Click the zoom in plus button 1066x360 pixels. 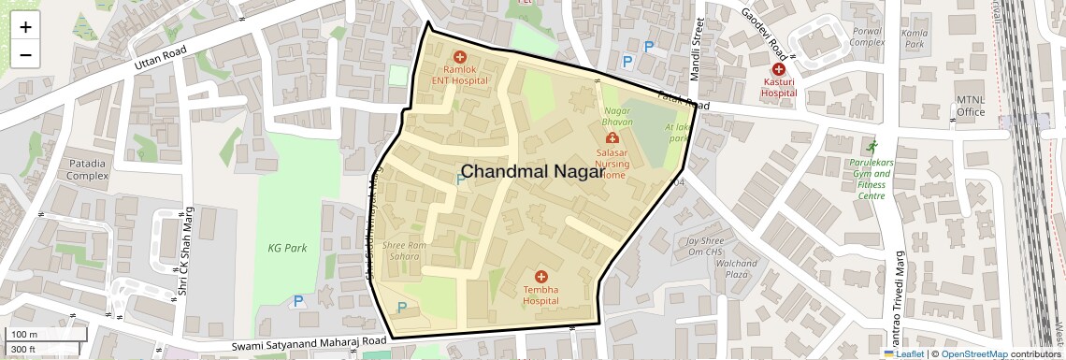click(25, 27)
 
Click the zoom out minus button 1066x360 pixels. click(25, 54)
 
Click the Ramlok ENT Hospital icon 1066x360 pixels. click(459, 57)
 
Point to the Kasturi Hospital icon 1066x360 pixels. click(778, 69)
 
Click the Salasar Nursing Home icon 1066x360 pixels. click(612, 139)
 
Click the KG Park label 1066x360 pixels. click(287, 248)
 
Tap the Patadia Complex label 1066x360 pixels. click(87, 169)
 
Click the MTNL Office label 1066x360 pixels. click(971, 106)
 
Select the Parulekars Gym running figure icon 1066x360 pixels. click(872, 147)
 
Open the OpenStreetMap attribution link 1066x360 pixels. click(974, 353)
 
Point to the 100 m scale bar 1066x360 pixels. click(47, 335)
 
